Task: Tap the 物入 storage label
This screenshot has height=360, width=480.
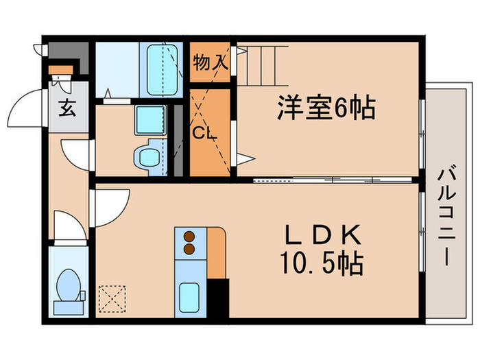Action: tap(210, 63)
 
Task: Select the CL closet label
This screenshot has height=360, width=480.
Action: tap(204, 132)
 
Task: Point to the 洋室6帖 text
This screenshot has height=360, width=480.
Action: tap(326, 108)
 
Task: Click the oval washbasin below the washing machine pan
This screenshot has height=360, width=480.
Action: tap(146, 157)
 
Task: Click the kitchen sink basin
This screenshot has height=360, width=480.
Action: tap(190, 297)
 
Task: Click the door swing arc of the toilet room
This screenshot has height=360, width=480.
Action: tap(70, 226)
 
